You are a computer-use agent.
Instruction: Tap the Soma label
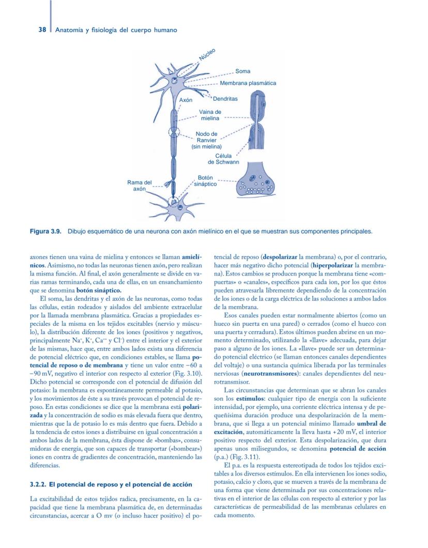(x=242, y=71)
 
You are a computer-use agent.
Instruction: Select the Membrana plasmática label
(x=248, y=83)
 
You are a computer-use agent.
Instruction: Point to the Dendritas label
(x=225, y=99)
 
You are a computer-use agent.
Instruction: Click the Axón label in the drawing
(x=186, y=99)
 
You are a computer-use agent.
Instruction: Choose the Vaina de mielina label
(x=210, y=115)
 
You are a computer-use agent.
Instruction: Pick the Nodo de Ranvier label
(x=206, y=140)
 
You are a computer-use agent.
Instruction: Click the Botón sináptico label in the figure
(x=205, y=180)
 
